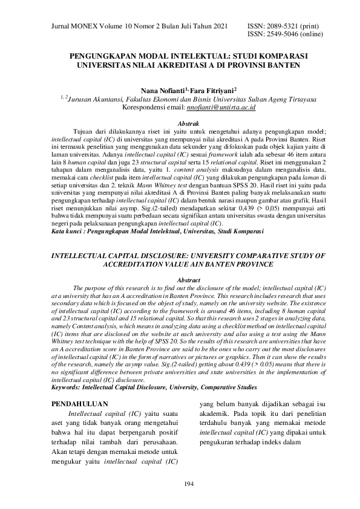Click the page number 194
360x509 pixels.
point(180,484)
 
